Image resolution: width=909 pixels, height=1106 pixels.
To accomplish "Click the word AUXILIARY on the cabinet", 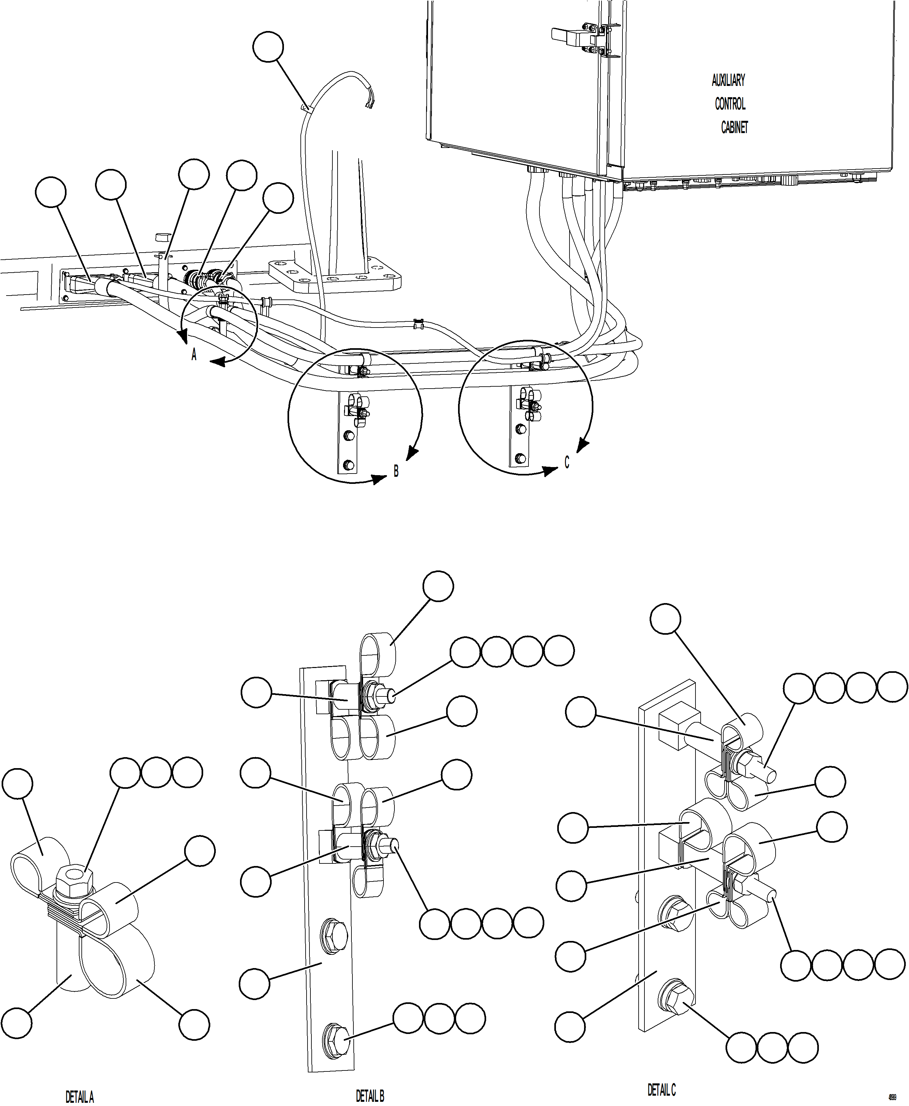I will coord(728,81).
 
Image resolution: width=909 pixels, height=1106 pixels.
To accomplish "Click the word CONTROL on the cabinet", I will coord(730,104).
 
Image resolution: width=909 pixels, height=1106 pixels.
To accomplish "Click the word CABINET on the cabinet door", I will coord(734,127).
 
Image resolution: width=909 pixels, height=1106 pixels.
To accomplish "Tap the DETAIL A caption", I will coord(79,1096).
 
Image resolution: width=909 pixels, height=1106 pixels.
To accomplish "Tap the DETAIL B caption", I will coord(370,1095).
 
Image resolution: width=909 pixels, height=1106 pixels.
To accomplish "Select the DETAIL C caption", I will coord(661,1090).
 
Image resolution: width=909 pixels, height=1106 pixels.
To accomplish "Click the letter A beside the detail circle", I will coord(194,355).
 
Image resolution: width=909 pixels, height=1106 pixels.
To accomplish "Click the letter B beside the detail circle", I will coord(396,471).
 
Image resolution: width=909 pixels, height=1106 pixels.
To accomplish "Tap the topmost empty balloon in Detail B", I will coord(438,587).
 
